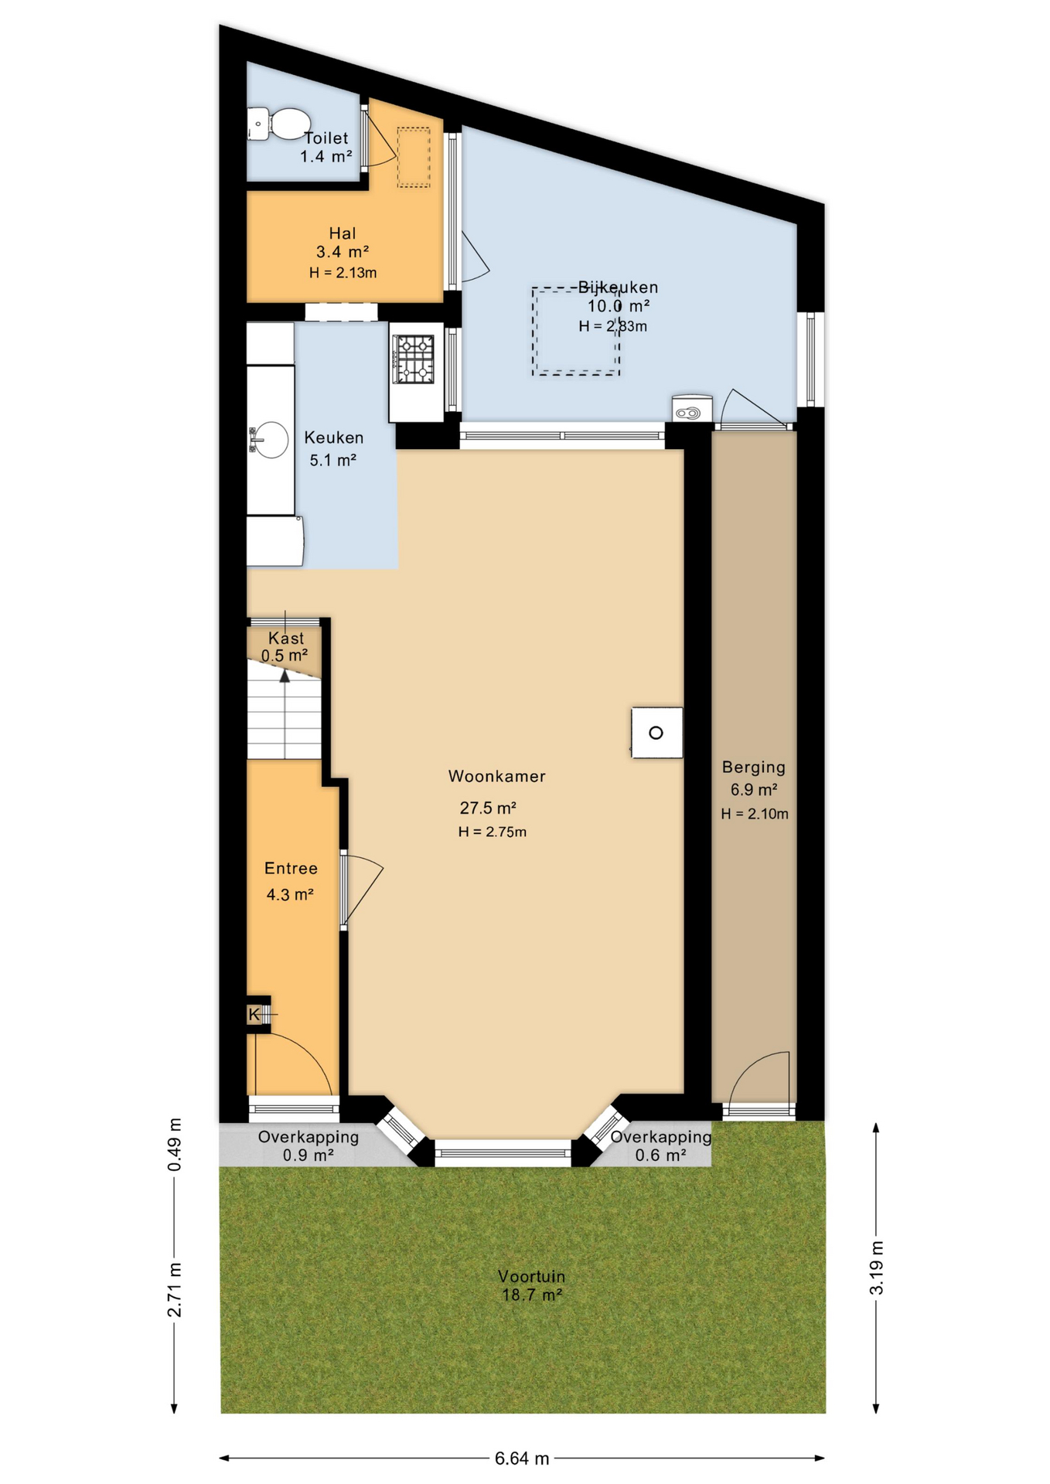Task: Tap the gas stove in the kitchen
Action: [414, 359]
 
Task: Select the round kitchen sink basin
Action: [271, 441]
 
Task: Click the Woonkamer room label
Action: [496, 776]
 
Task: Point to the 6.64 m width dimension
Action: [522, 1458]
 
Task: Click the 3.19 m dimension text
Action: [876, 1268]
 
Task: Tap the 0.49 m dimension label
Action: [175, 1145]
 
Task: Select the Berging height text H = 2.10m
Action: [755, 814]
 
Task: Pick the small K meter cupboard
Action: [254, 1014]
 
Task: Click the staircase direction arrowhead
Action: [285, 676]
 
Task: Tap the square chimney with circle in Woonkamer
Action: [656, 733]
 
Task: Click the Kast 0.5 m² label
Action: [285, 647]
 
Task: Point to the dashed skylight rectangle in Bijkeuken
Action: [575, 332]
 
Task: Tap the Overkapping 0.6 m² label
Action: [660, 1145]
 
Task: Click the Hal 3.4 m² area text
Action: [342, 252]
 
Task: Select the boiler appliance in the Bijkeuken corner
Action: [690, 410]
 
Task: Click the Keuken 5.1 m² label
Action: [333, 449]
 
